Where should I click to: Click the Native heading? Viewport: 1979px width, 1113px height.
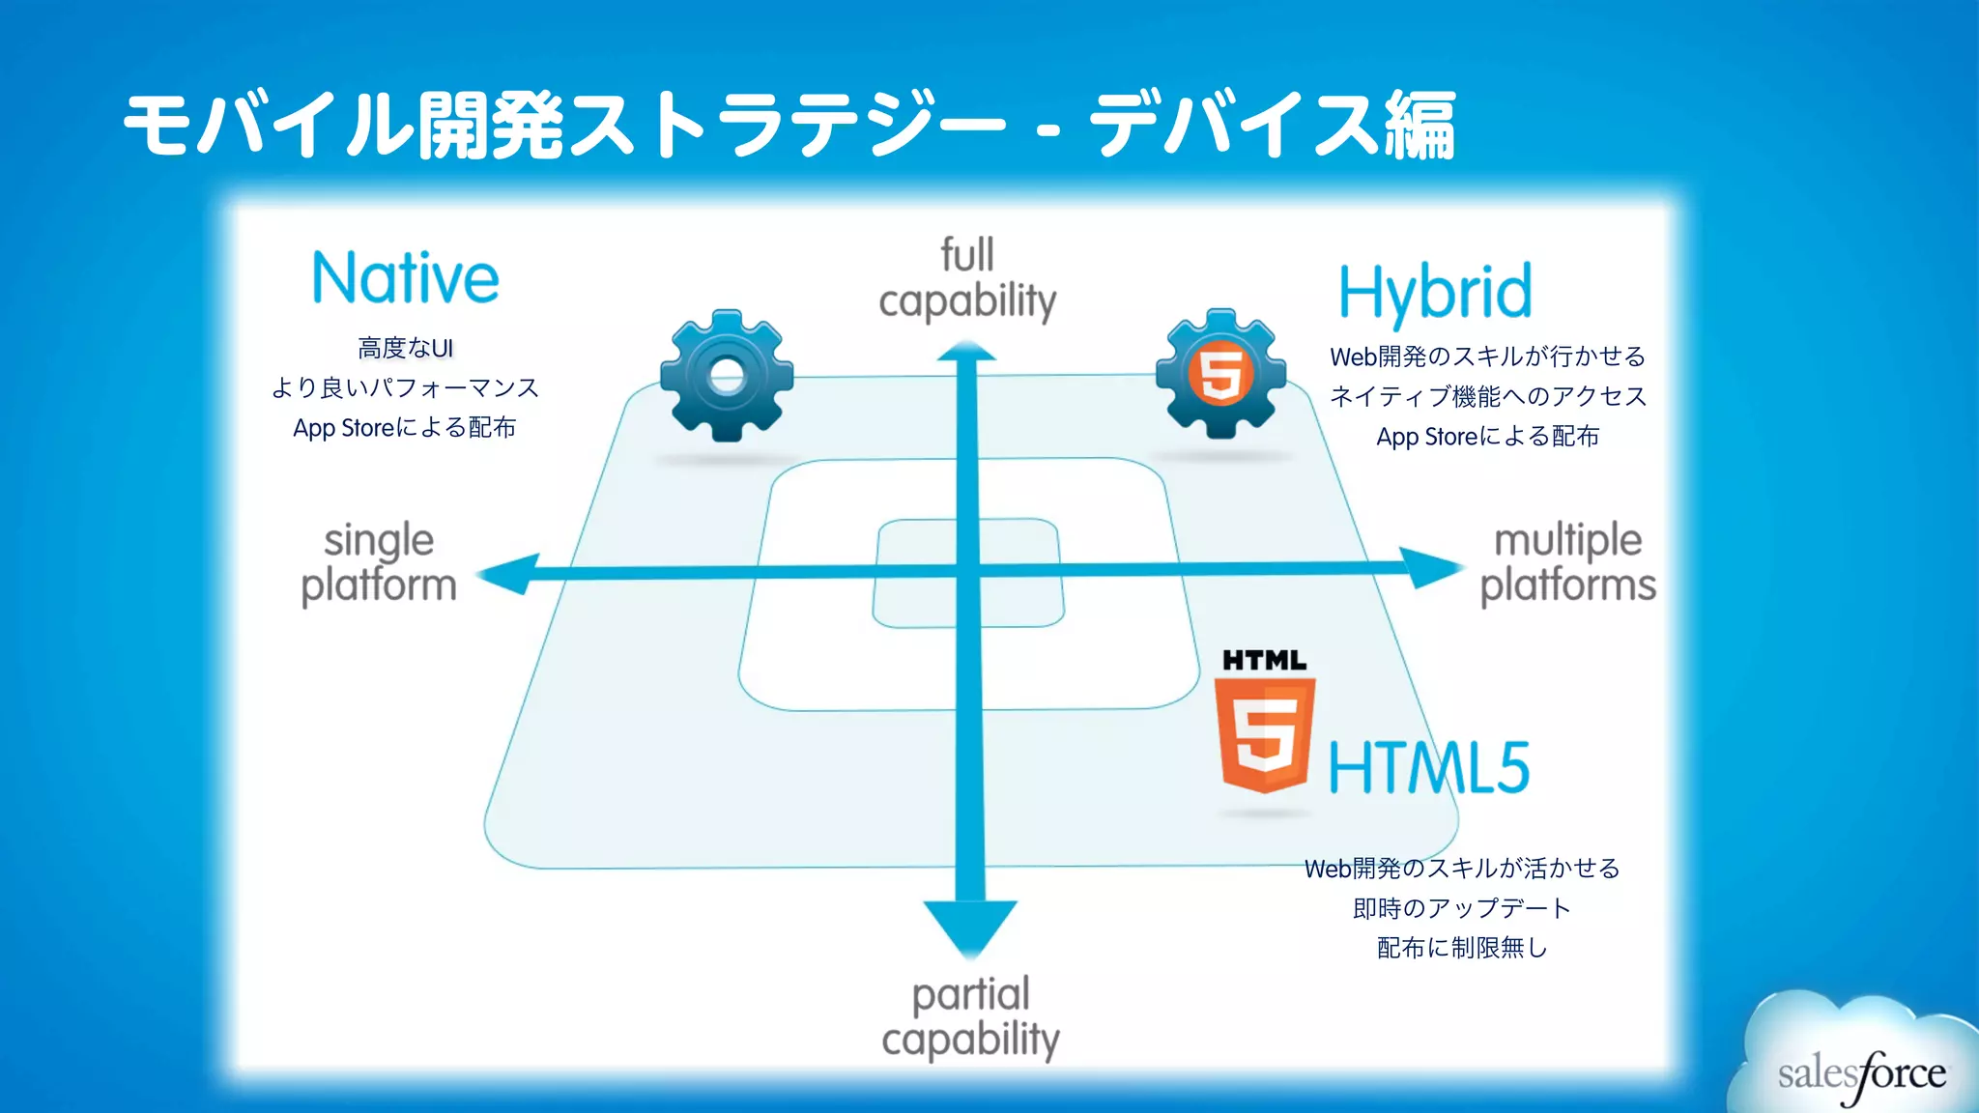pos(405,278)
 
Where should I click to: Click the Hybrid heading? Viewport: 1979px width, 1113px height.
pos(1435,292)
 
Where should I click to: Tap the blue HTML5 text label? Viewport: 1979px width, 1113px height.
pos(1429,768)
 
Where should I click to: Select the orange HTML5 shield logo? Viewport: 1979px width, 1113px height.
pos(1264,734)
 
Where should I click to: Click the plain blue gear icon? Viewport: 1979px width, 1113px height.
pos(727,376)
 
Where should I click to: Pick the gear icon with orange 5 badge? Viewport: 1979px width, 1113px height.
pos(1221,374)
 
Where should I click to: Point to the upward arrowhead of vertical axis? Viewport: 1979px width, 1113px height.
pos(967,352)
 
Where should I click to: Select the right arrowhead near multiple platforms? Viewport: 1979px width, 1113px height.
pos(1430,568)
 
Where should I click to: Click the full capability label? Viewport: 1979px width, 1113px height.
pos(967,279)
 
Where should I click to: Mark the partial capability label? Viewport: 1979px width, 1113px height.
pos(970,1017)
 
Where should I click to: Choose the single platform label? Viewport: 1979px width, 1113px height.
pos(379,563)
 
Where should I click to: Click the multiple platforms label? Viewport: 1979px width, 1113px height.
pos(1567,563)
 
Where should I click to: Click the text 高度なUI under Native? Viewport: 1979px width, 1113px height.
pos(405,348)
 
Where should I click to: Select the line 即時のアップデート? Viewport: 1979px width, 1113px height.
pos(1461,908)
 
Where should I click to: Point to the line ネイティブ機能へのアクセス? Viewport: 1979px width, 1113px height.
pos(1487,396)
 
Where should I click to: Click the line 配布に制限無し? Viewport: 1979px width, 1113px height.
pos(1461,948)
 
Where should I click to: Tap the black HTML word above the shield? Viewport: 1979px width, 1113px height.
pos(1264,661)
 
